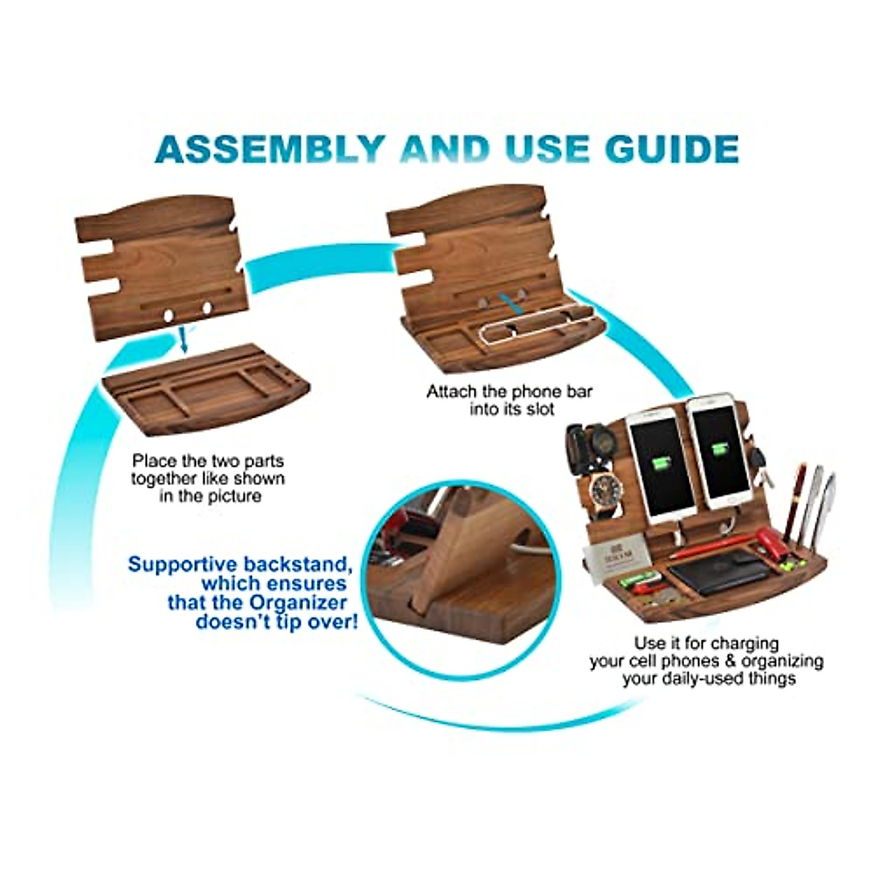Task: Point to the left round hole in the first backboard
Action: point(169,315)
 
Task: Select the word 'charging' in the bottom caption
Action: point(745,644)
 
